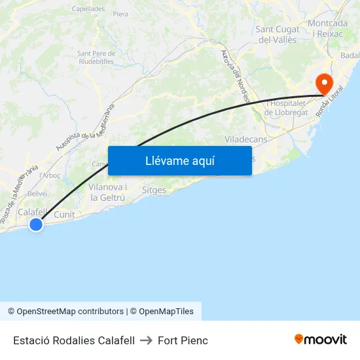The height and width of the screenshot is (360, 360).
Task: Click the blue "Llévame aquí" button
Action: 179,160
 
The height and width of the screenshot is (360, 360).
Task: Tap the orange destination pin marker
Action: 323,83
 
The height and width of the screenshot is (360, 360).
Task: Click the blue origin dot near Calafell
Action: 36,225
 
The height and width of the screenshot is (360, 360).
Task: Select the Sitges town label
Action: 154,190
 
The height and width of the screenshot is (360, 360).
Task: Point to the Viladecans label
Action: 245,139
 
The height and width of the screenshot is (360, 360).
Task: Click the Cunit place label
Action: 64,214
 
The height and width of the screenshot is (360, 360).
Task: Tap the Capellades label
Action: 88,9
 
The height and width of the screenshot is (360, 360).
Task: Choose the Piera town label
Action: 120,14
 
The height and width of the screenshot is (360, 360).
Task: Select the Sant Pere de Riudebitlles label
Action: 96,58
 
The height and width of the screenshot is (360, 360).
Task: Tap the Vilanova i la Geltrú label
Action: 107,192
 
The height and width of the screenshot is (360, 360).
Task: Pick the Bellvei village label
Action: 37,194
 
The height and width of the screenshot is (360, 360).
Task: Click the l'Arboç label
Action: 50,175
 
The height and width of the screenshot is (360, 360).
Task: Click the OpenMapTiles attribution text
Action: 166,312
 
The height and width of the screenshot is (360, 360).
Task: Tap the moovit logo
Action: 321,339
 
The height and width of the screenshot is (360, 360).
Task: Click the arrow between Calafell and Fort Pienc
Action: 146,340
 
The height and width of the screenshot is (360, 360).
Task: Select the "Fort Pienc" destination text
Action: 183,340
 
